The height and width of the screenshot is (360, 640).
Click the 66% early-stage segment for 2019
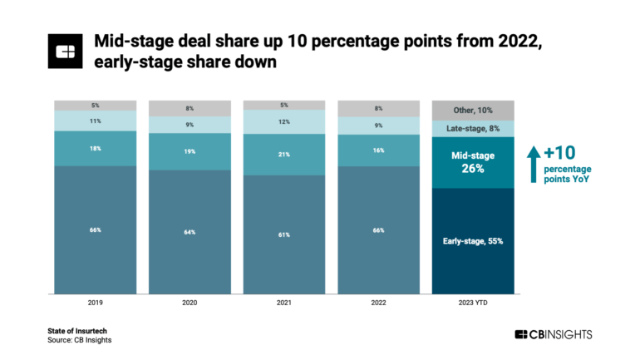click(96, 229)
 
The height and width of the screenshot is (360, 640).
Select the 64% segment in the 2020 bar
click(190, 232)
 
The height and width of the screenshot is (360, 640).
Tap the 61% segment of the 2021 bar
click(284, 234)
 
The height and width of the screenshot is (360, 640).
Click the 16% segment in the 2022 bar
click(378, 150)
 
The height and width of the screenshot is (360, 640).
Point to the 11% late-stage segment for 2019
click(96, 121)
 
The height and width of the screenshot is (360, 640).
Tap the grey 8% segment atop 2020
click(190, 108)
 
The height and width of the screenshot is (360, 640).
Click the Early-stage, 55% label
click(472, 241)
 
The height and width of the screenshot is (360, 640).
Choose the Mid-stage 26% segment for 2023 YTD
click(472, 162)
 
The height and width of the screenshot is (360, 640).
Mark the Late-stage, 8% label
click(472, 128)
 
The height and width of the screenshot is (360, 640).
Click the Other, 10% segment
click(472, 110)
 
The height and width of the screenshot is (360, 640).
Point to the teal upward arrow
click(534, 163)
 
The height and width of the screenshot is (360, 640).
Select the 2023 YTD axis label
click(472, 304)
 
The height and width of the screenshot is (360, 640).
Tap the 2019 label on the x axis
click(96, 304)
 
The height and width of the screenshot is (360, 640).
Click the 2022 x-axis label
click(378, 304)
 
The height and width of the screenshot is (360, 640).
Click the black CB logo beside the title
click(65, 52)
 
